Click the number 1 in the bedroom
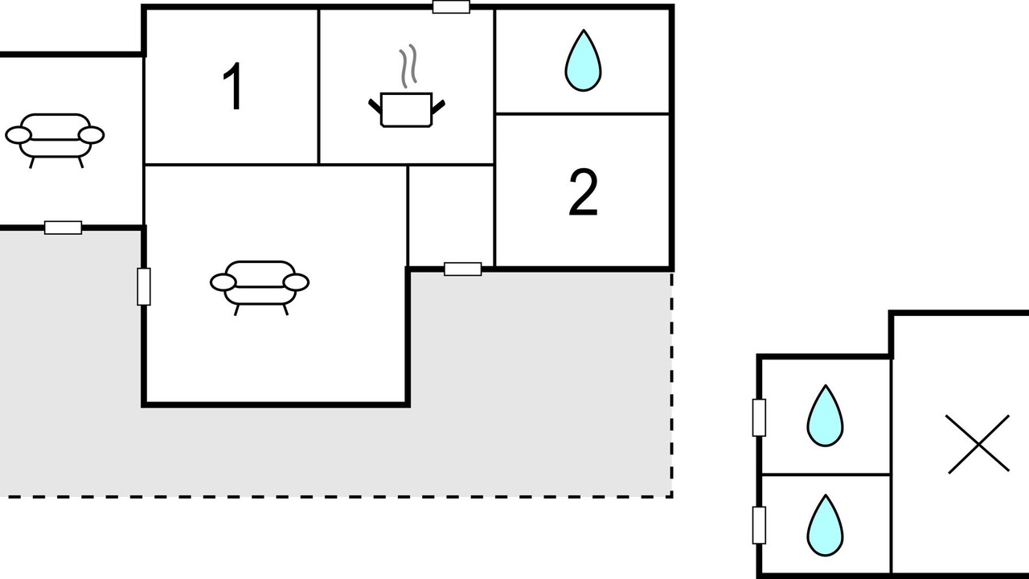click(x=233, y=88)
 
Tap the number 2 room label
click(x=583, y=194)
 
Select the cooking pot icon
click(x=406, y=109)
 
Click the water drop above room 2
click(x=583, y=60)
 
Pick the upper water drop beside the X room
click(x=825, y=416)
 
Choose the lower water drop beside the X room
click(x=825, y=525)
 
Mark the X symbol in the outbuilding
click(x=978, y=444)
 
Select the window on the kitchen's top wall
click(x=451, y=7)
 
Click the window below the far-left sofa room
click(x=63, y=228)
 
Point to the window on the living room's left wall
click(x=144, y=287)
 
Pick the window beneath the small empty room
click(x=463, y=269)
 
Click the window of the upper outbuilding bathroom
click(x=759, y=417)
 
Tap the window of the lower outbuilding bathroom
click(x=759, y=525)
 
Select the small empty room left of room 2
click(x=451, y=216)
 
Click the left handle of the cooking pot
click(x=375, y=104)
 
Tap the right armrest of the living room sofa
click(x=297, y=282)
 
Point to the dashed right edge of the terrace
click(x=672, y=386)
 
